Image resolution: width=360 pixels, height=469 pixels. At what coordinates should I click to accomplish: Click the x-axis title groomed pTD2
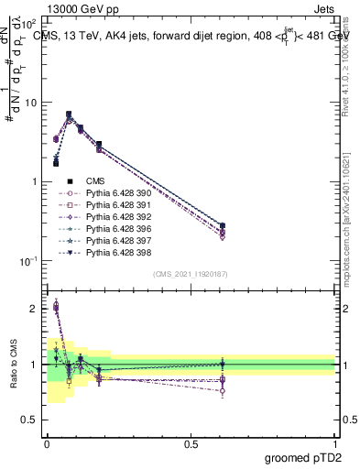tap(303, 458)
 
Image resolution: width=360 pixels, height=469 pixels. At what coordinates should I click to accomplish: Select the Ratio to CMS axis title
tap(13, 365)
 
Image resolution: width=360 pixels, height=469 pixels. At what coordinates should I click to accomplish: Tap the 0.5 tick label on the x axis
tap(191, 442)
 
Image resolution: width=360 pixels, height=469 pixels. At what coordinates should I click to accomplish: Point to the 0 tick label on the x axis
tap(48, 442)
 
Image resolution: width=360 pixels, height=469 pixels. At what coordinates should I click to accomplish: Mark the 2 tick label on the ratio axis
tap(35, 309)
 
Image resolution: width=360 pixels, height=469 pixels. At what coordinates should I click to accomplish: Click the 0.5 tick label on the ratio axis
tap(29, 420)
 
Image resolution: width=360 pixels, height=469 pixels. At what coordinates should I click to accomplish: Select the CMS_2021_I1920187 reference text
tap(191, 274)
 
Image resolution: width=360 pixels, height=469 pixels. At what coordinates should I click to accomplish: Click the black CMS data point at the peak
tap(69, 115)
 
